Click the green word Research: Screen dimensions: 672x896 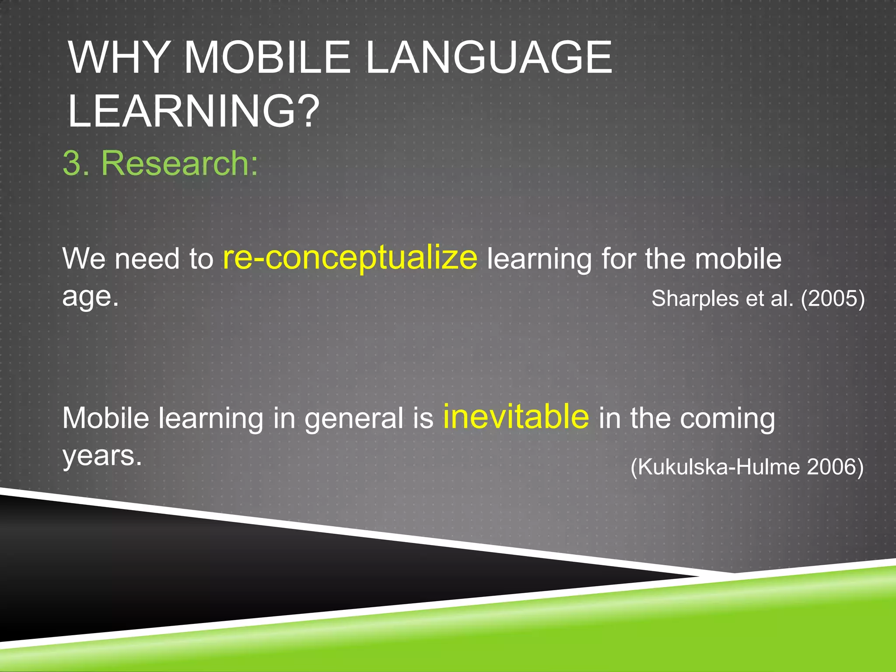pos(180,163)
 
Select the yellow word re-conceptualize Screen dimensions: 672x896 pos(350,258)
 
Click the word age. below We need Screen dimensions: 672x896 pos(90,297)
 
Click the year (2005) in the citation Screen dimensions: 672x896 pos(833,299)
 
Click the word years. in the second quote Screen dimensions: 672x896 pos(102,456)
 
